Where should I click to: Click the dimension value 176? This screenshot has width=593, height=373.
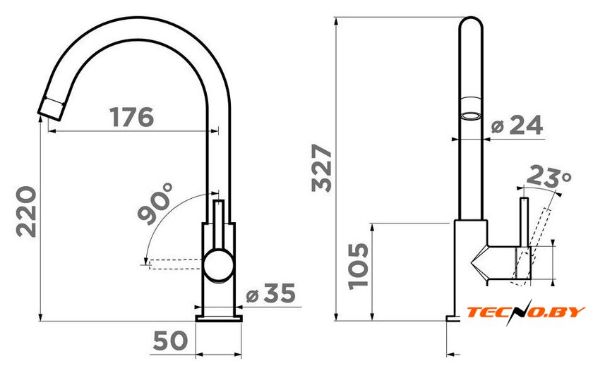coord(131,117)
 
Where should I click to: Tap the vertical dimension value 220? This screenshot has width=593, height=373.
coord(27,212)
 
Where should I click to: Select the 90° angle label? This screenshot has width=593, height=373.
coord(155,203)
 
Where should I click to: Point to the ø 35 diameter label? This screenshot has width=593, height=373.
coord(271,293)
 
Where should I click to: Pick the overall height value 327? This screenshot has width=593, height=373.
coord(322,168)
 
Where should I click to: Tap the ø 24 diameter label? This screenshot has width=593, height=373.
coord(517,125)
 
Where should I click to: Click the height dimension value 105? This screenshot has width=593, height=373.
coord(358,266)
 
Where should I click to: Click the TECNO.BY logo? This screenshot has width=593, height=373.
coord(526,312)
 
